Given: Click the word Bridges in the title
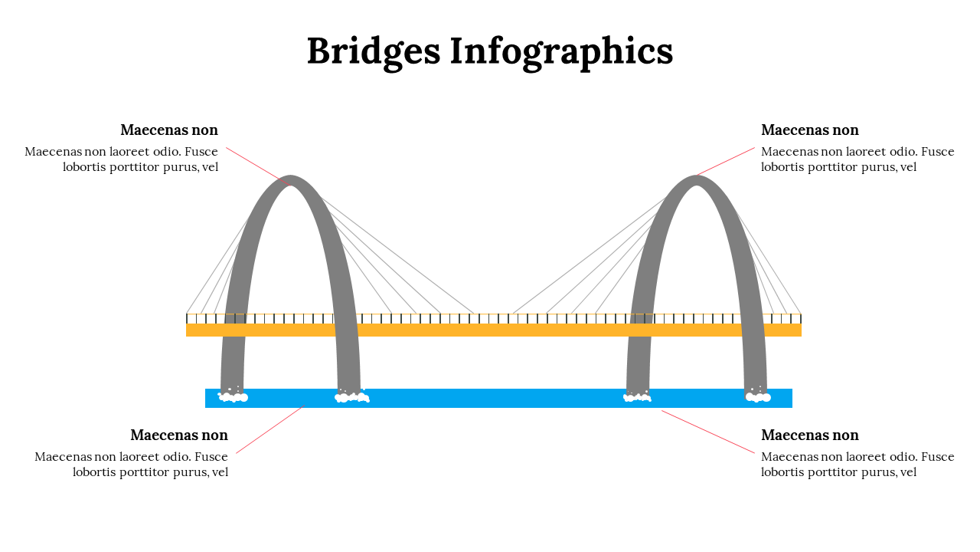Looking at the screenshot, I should pos(373,52).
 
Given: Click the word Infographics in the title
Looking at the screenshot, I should pos(561,52).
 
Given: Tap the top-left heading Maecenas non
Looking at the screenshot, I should pos(169,130).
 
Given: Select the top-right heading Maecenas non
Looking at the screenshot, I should pos(809,130).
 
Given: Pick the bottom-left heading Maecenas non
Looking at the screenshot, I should pos(179,435).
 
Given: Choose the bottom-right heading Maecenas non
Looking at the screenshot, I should pos(809,435).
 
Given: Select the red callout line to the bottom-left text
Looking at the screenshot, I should pos(268,430).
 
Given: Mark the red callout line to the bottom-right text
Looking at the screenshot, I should pos(708,431).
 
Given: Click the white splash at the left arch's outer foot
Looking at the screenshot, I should pos(233,396).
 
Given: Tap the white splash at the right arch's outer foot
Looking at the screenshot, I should pos(758,396).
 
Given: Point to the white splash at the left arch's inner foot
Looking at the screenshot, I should pos(351,396).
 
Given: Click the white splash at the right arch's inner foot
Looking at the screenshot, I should pos(637,396).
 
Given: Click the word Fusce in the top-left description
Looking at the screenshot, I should pos(201,152).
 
